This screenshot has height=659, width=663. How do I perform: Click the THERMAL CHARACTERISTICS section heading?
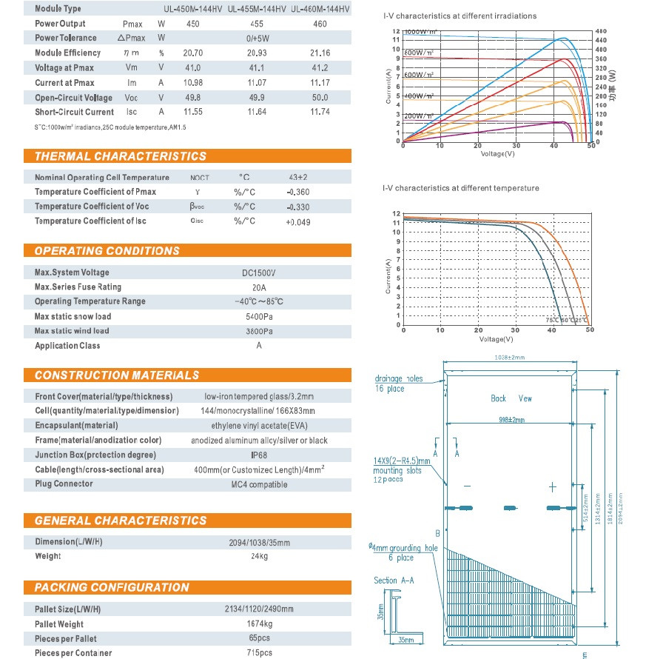pos(120,156)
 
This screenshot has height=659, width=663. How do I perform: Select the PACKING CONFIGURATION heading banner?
pos(111,587)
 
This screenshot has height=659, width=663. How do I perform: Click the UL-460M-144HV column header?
pos(320,9)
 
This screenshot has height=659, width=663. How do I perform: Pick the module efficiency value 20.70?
pos(192,53)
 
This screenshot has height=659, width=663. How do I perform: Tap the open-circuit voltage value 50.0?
pos(320,98)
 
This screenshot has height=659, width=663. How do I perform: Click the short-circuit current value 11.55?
pos(192,113)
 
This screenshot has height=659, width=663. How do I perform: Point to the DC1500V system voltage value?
pos(258,272)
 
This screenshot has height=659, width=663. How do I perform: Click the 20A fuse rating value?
pos(258,287)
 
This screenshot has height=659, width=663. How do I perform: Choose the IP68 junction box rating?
pos(258,455)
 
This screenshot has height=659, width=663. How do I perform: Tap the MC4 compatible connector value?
pos(258,484)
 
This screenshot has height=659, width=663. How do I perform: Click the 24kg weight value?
pos(258,556)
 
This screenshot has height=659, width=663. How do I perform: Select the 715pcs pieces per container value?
pos(258,653)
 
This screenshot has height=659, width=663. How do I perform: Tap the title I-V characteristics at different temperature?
pos(460,188)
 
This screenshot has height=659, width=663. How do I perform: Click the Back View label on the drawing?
pos(511,398)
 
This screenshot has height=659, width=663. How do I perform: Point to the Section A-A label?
pos(394,581)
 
